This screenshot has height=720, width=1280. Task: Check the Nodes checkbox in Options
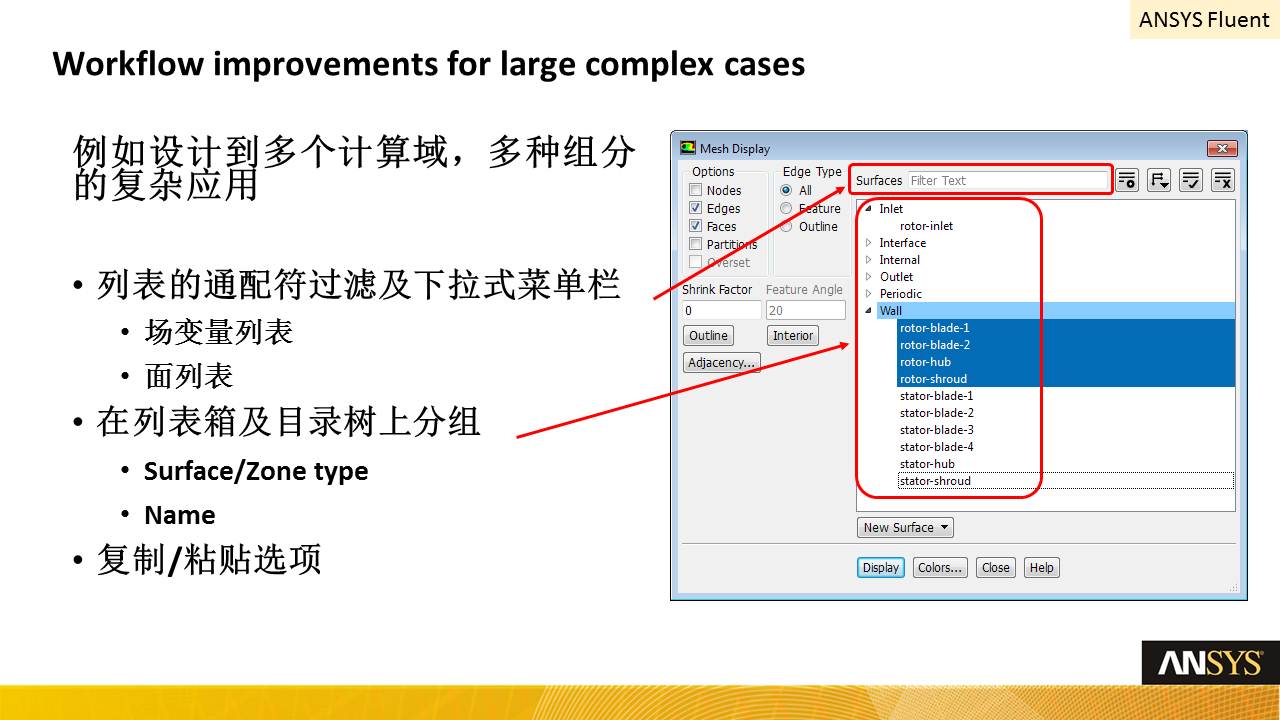tap(695, 190)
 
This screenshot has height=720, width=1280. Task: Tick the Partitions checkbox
tap(695, 244)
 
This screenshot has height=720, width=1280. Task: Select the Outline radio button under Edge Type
tap(786, 226)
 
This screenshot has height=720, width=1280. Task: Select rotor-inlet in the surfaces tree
tap(926, 226)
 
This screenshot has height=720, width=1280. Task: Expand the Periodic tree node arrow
tap(869, 294)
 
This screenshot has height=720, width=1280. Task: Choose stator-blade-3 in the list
tap(936, 430)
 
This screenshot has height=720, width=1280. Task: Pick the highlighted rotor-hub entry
tap(925, 362)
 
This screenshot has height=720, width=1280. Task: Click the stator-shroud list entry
tap(935, 481)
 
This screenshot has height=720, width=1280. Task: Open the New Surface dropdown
tap(905, 527)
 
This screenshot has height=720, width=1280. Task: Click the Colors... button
tap(940, 567)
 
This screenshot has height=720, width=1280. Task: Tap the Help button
tap(1042, 567)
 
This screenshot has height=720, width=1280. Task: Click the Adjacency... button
tap(721, 362)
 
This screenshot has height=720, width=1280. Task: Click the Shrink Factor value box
tap(722, 310)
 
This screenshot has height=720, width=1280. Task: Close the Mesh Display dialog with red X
tap(1222, 149)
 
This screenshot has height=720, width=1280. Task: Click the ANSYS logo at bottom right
tap(1210, 663)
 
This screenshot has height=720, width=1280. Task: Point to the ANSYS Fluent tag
tap(1205, 19)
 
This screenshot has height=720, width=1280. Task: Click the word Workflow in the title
tap(128, 63)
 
